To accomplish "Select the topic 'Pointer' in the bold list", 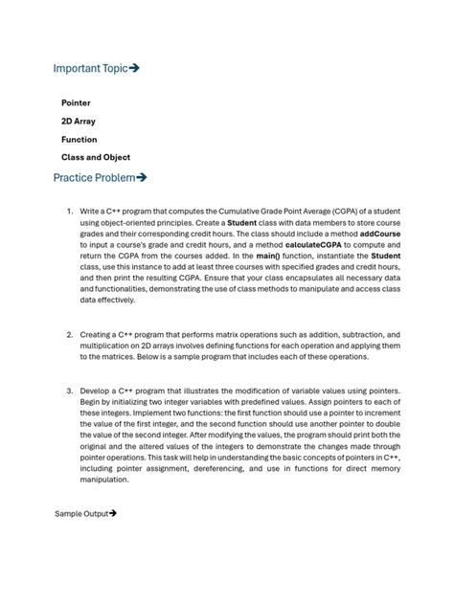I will point(76,102).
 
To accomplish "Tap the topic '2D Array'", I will point(78,121).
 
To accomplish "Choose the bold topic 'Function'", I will point(79,139).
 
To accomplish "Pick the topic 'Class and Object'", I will point(96,157).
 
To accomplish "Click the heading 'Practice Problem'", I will point(94,177).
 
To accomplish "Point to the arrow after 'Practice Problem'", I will point(141,177).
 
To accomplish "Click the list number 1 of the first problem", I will point(69,211).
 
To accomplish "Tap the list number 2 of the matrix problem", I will point(69,335).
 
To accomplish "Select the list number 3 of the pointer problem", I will point(69,392).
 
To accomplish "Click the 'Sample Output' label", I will point(81,514).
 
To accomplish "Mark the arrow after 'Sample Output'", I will point(113,514).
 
